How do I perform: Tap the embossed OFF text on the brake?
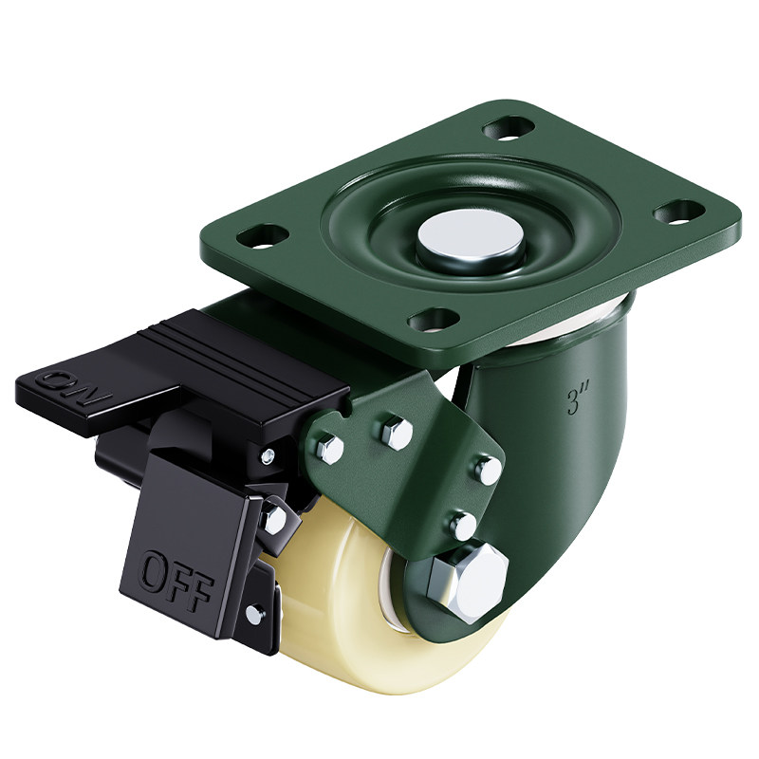176,579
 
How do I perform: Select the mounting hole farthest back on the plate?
509,127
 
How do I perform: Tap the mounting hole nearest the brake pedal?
263,235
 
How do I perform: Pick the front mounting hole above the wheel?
434,320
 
